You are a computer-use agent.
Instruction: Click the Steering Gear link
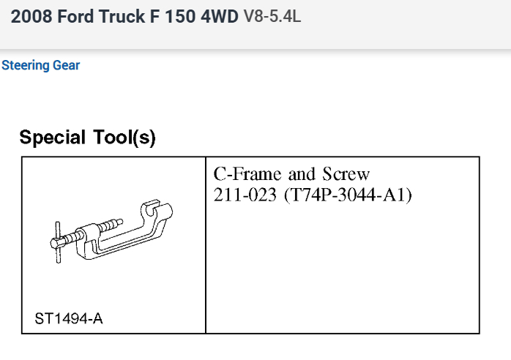point(41,65)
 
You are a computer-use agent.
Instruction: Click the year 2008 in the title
point(31,16)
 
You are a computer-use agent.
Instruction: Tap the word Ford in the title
point(76,16)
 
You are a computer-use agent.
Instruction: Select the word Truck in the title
point(122,16)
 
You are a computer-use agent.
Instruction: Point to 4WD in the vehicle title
point(220,16)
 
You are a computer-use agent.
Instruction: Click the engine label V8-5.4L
point(272,16)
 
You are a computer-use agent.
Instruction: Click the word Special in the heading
point(53,138)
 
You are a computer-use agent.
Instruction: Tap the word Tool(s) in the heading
point(124,138)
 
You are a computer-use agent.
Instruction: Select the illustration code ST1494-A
point(69,318)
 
